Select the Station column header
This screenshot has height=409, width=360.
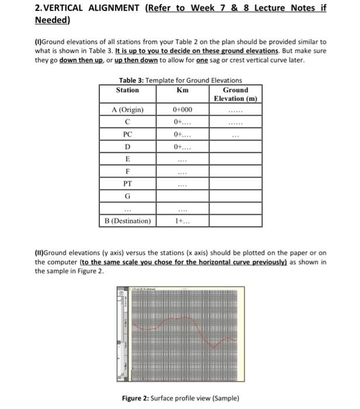coord(127,90)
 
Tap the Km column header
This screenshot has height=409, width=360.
coord(182,90)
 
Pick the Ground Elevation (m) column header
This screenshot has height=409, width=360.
coord(235,94)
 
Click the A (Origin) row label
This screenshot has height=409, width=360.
coord(127,110)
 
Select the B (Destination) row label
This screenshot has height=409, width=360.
coord(127,221)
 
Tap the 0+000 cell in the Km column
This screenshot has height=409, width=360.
coord(182,110)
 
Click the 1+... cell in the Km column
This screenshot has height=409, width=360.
coord(182,221)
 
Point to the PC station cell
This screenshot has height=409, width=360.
coord(127,134)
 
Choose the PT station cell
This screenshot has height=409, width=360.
coord(127,184)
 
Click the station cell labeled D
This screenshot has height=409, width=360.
coord(127,146)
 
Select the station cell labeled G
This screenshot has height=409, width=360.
coord(127,197)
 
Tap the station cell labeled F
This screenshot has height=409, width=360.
coord(127,172)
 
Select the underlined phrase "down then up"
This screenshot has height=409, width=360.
coord(79,60)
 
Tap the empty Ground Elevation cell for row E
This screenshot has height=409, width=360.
coord(235,159)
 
